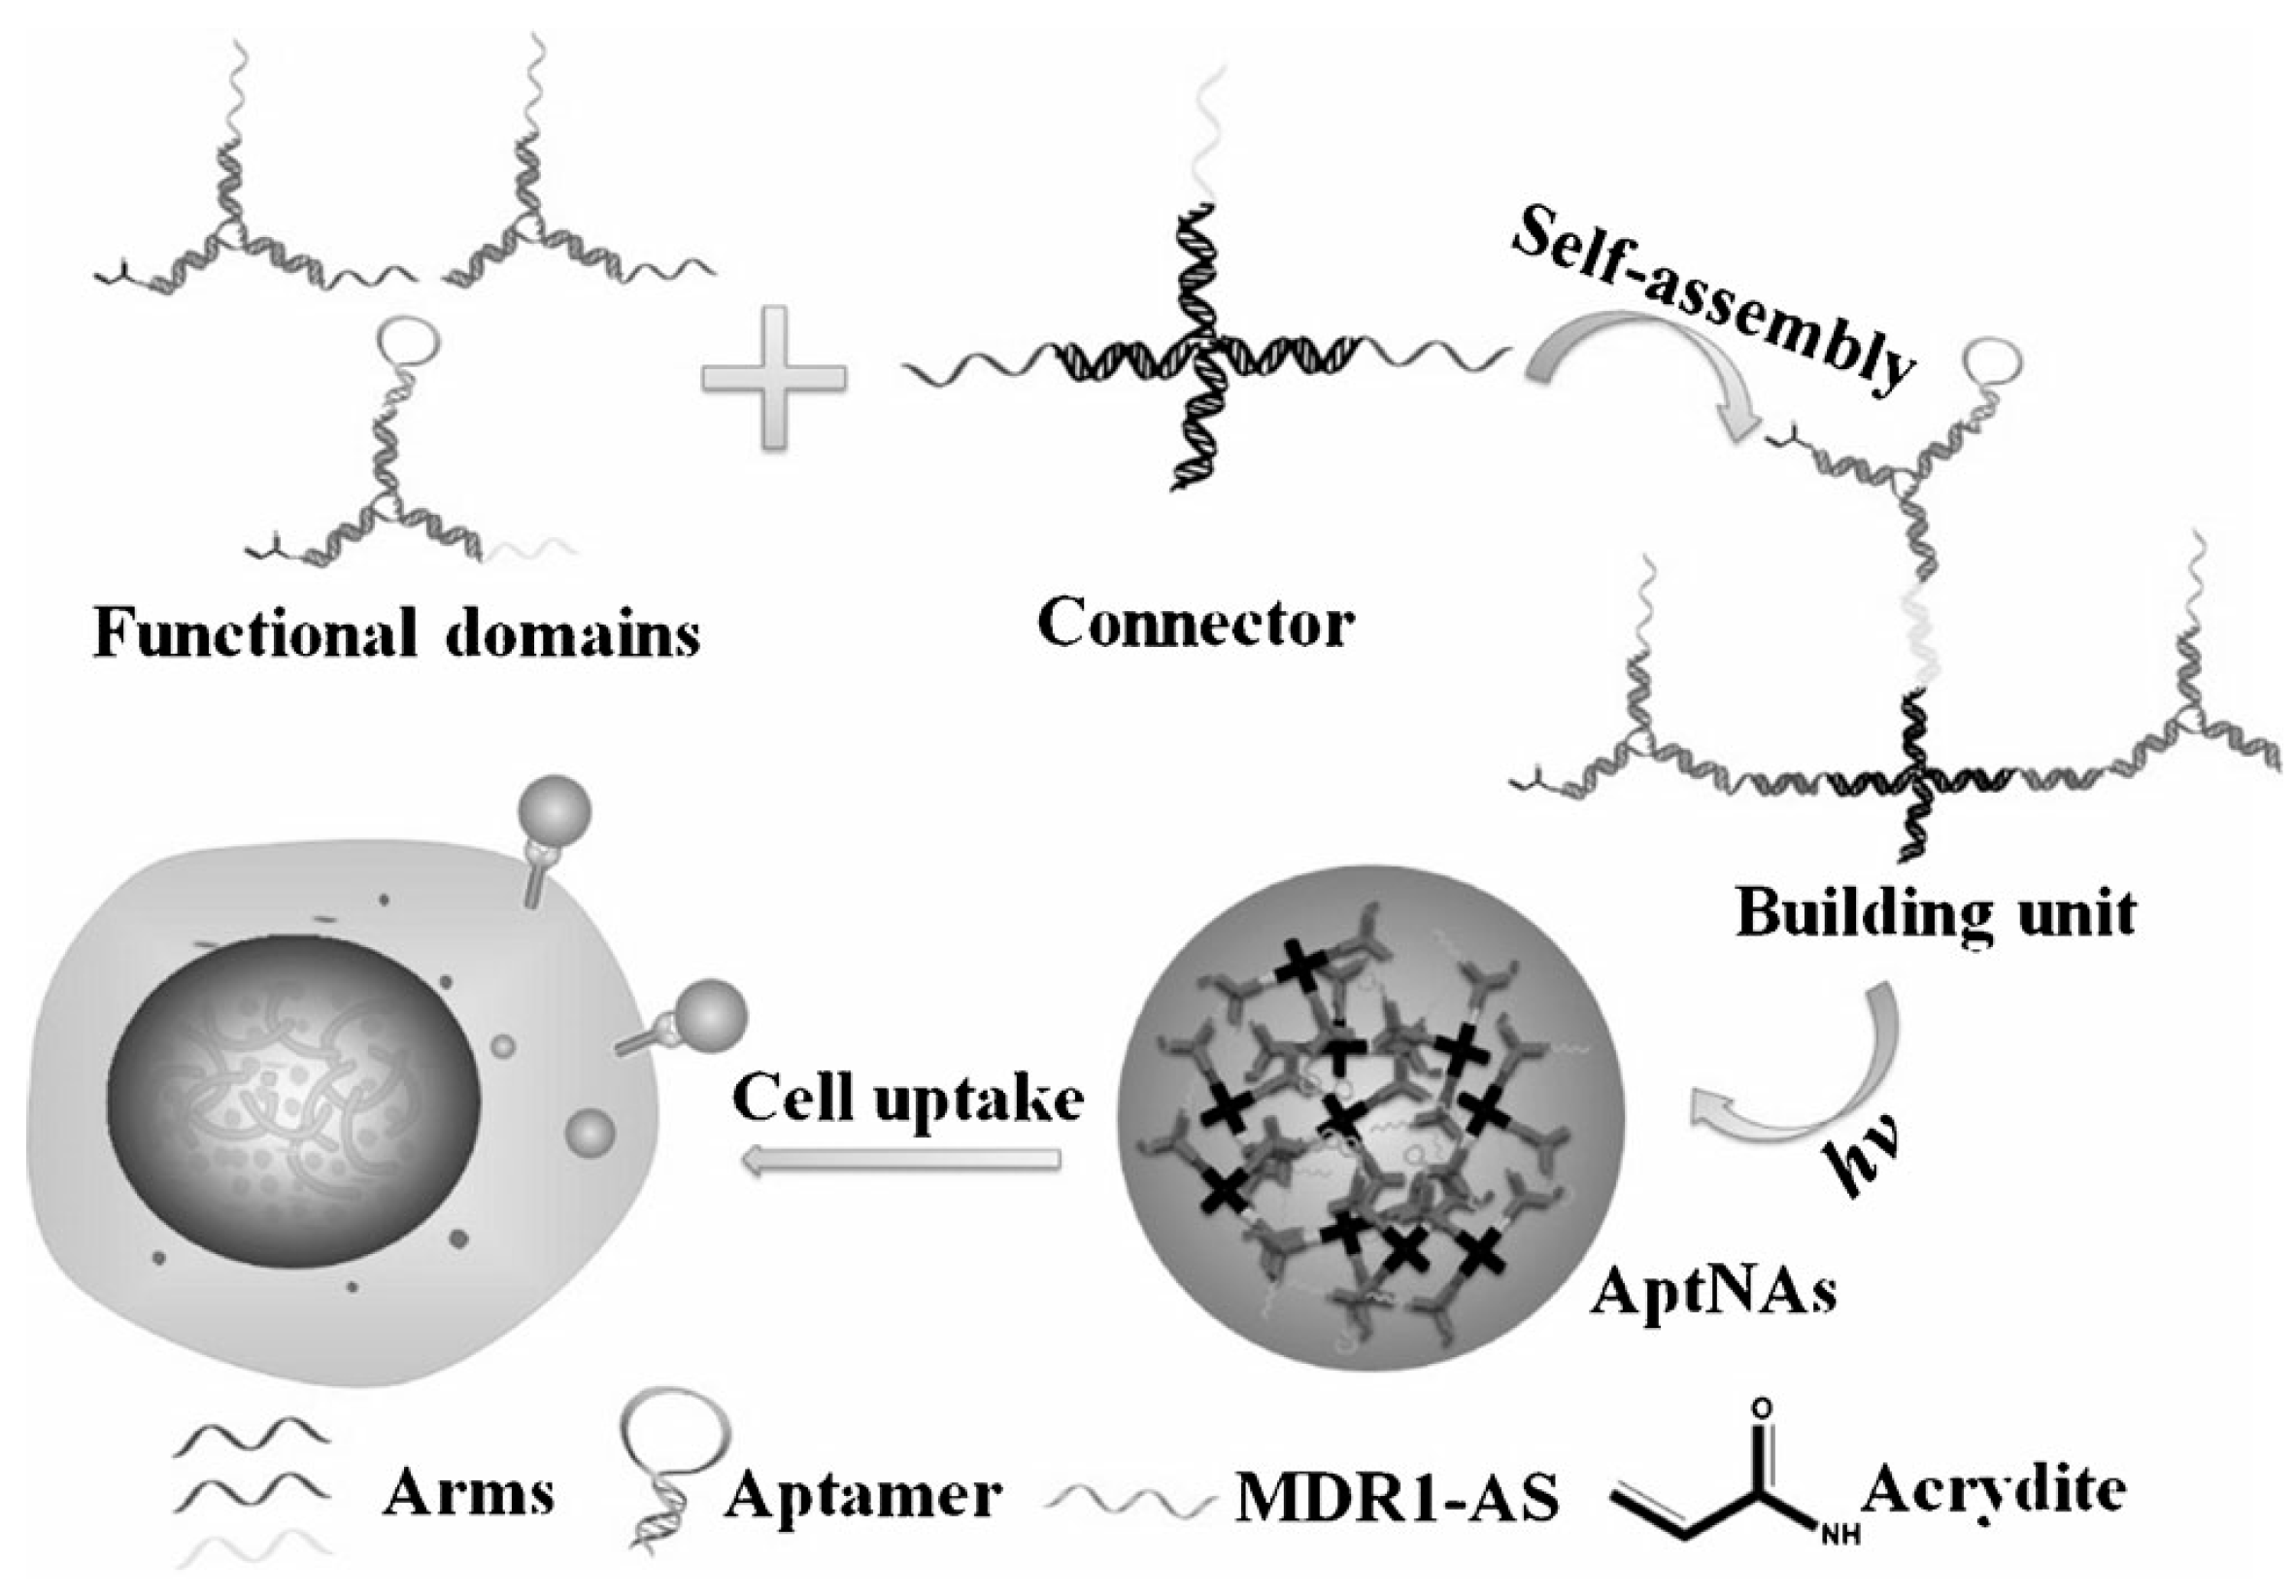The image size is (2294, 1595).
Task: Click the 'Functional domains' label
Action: pos(396,632)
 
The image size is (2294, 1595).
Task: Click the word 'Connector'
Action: pos(1196,624)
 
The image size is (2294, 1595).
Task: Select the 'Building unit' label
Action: pos(1937,912)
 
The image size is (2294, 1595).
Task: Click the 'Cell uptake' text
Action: pos(908,1100)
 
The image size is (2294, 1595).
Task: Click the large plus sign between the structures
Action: pos(774,378)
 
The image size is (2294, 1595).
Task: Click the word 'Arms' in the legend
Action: pos(467,1493)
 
